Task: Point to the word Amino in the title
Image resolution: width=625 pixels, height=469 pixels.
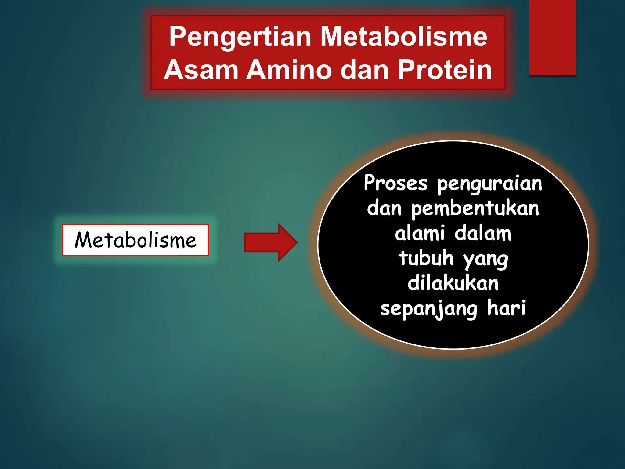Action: [x=289, y=70]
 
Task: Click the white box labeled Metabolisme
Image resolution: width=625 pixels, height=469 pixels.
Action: [x=135, y=240]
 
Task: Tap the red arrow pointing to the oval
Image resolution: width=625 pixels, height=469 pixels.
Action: [x=270, y=242]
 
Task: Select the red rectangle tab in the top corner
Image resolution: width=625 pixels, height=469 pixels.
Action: [x=552, y=37]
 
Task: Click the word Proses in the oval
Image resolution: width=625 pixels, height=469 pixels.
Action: [x=396, y=183]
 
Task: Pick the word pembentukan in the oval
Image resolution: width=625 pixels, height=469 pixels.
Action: [x=475, y=209]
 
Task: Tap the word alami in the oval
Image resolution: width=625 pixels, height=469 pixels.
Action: [x=419, y=234]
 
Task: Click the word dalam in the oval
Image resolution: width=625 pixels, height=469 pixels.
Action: [x=483, y=234]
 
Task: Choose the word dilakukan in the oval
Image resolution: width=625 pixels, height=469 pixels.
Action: [x=453, y=283]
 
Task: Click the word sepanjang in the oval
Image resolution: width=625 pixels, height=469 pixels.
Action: [x=429, y=309]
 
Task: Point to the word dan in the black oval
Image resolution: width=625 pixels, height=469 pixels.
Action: [x=384, y=209]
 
